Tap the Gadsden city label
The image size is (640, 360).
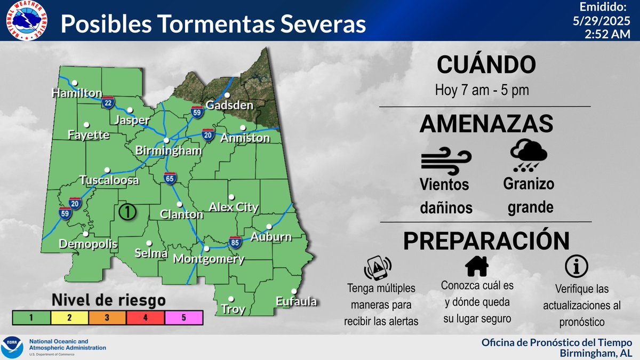tap(229, 106)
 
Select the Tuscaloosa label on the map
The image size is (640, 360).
tap(109, 180)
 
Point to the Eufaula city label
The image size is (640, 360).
tap(296, 302)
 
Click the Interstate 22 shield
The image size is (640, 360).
tap(108, 102)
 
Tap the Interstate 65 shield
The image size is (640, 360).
tap(170, 179)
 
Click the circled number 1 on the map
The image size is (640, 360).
tap(127, 211)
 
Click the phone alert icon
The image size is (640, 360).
tap(378, 268)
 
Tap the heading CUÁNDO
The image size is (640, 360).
tap(485, 65)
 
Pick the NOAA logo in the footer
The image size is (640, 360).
tap(13, 347)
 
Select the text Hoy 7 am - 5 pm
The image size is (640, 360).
tap(482, 90)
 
